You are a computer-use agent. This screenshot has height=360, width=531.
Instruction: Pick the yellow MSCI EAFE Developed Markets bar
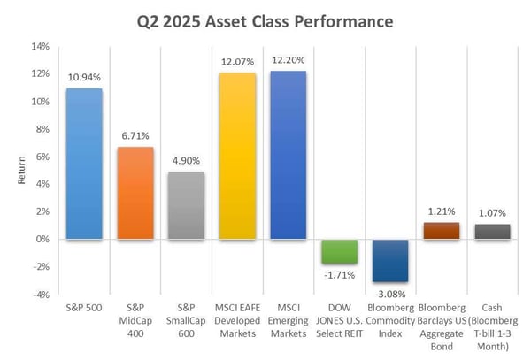(236, 156)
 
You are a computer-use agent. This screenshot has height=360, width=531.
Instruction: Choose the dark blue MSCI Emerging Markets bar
(288, 155)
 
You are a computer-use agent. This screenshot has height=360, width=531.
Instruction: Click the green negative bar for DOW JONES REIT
(339, 251)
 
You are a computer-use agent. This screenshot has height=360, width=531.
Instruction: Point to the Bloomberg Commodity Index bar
(390, 260)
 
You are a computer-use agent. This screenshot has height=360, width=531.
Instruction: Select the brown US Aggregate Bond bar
(442, 231)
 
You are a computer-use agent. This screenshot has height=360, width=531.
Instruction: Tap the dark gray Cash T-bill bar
(493, 232)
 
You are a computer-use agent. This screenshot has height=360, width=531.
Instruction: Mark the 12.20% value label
(288, 60)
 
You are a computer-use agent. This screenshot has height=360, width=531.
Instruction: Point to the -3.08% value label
(390, 291)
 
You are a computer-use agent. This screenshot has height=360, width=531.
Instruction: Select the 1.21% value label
(442, 213)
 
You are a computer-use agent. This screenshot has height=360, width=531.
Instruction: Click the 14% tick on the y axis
(42, 47)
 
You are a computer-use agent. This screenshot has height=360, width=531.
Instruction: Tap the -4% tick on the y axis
(42, 295)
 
